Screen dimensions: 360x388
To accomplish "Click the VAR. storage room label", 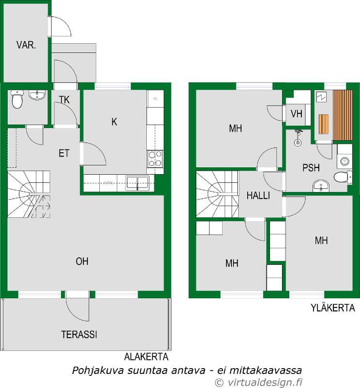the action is click(26, 45).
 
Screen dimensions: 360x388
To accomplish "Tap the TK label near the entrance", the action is click(64, 100).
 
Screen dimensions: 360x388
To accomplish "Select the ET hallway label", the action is click(64, 153).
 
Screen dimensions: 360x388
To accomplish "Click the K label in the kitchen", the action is click(114, 122).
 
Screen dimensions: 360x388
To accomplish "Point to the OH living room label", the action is click(82, 261).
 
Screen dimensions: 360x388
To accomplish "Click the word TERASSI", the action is click(79, 335).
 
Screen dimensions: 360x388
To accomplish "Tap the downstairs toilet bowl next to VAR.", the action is click(17, 99).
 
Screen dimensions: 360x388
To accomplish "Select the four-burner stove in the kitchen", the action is click(155, 159).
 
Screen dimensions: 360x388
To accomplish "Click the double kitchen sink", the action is click(137, 183).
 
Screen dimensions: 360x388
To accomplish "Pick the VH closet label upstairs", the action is click(297, 114).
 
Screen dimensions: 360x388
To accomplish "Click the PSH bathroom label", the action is click(311, 168).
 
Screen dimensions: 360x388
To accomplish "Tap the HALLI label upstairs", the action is click(258, 196).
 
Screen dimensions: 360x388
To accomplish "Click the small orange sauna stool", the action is click(323, 124).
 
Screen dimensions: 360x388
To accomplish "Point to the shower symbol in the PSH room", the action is click(298, 137).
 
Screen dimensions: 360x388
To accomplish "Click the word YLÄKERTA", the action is click(333, 308).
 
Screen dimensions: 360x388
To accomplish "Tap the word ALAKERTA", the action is click(146, 356).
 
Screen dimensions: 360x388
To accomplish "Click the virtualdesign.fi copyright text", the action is click(258, 382).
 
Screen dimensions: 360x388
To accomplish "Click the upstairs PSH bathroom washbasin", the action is click(321, 186).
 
